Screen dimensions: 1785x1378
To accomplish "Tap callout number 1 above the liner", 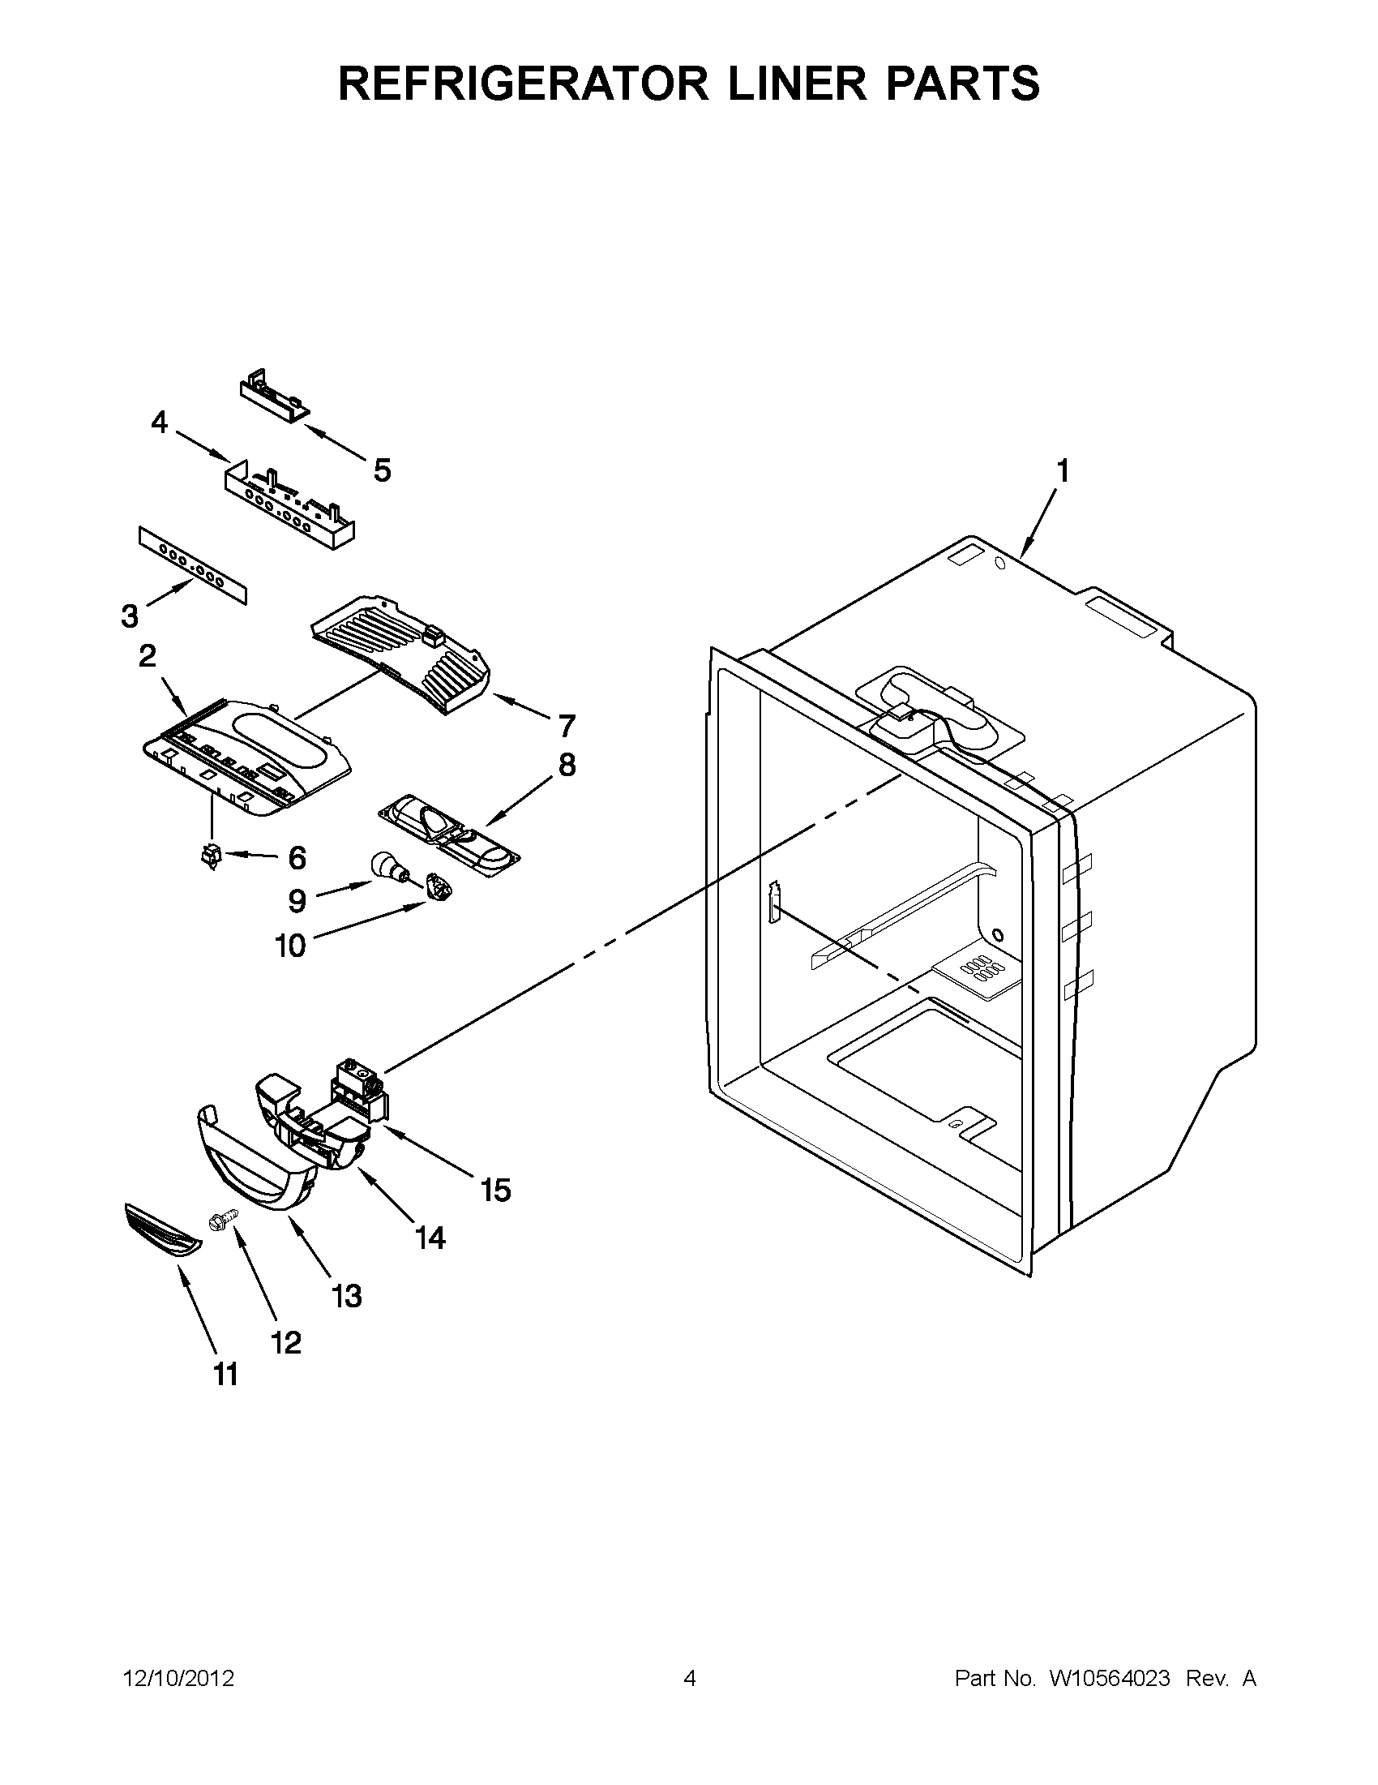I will [1063, 471].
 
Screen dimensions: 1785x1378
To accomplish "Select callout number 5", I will [382, 470].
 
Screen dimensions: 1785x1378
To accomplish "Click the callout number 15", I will [496, 1190].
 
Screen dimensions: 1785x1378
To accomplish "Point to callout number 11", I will [225, 1375].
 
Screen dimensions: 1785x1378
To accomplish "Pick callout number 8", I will [567, 765].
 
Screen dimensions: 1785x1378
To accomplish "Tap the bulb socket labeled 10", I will [437, 884].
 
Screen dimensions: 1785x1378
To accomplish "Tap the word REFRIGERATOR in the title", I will [523, 84].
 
